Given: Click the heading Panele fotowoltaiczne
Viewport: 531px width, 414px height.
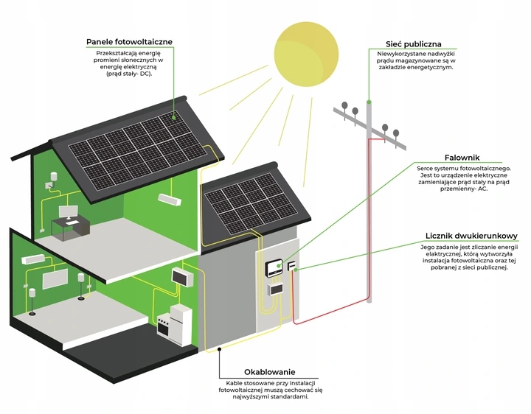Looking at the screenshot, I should point(129,42).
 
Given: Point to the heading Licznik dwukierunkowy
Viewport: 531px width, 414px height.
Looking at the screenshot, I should point(471,236).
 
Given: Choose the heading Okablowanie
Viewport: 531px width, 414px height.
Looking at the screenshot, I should point(272,372).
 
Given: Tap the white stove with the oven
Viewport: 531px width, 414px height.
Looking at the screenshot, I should point(174,323).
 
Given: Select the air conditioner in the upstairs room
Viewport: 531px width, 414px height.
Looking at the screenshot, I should point(169,199).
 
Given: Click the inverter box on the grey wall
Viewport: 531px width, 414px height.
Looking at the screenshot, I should point(272,270).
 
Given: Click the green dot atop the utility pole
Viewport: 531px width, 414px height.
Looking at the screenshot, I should point(369,101).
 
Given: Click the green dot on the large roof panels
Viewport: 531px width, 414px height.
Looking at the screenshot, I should point(175,116).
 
